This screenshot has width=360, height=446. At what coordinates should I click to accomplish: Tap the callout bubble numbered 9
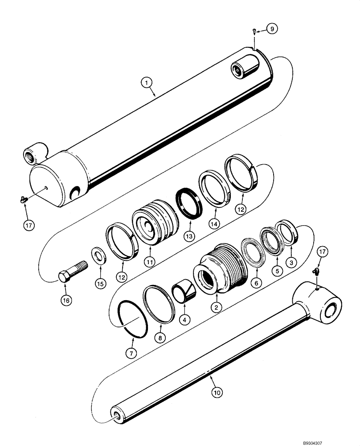(x=272, y=29)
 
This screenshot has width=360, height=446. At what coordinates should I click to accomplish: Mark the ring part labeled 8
(x=159, y=303)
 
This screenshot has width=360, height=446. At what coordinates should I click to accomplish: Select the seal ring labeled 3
(x=287, y=232)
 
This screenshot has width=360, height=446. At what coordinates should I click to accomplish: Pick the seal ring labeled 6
(x=253, y=252)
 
